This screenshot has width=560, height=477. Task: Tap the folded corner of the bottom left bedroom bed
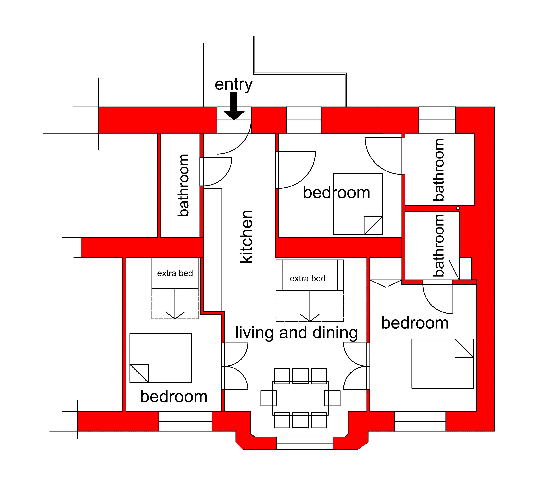(x=139, y=373)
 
